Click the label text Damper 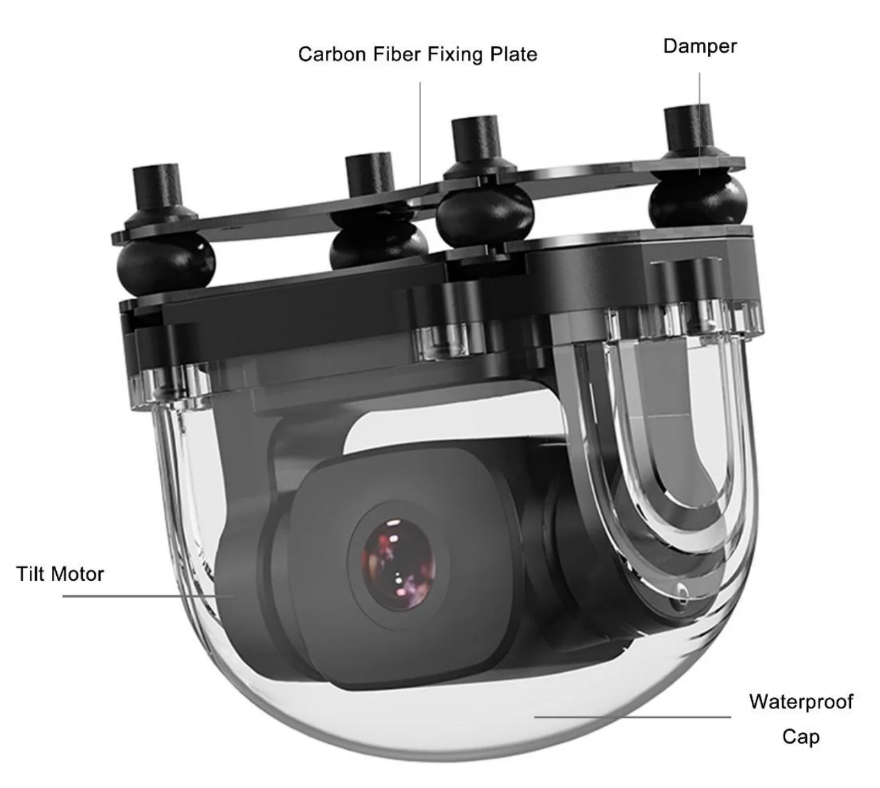pyautogui.click(x=699, y=46)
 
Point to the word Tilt pyautogui.click(x=31, y=574)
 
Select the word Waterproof pyautogui.click(x=800, y=701)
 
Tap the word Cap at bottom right pyautogui.click(x=800, y=736)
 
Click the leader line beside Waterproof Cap pyautogui.click(x=631, y=717)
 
